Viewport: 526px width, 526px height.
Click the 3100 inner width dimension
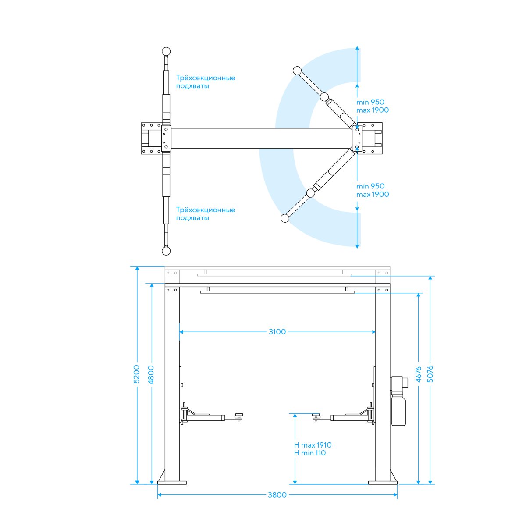click(277, 332)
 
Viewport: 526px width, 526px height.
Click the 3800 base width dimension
click(277, 494)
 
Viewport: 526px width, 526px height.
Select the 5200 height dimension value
click(136, 374)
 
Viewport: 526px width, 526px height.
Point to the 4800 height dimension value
click(151, 374)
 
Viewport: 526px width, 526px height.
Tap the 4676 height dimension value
click(419, 374)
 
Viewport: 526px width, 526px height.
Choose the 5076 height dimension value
click(430, 374)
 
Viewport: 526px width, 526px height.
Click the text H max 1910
click(313, 445)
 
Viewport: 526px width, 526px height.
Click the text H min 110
click(310, 453)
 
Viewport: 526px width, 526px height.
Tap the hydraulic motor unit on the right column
click(398, 401)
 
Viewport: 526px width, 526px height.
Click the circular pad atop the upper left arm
click(166, 51)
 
